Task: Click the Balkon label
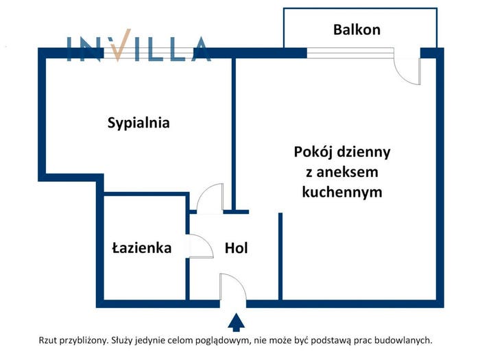pyautogui.click(x=357, y=29)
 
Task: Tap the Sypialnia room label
pyautogui.click(x=139, y=123)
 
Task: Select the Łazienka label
pyautogui.click(x=142, y=248)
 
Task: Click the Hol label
pyautogui.click(x=237, y=248)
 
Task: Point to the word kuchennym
pyautogui.click(x=342, y=193)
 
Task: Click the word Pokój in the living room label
pyautogui.click(x=313, y=152)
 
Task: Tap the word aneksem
pyautogui.click(x=347, y=172)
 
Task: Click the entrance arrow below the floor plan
pyautogui.click(x=236, y=322)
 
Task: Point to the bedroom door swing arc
pyautogui.click(x=203, y=192)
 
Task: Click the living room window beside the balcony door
pyautogui.click(x=350, y=53)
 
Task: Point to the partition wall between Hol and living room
pyautogui.click(x=280, y=256)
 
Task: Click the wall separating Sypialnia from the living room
pyautogui.click(x=234, y=134)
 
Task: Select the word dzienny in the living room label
pyautogui.click(x=363, y=152)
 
